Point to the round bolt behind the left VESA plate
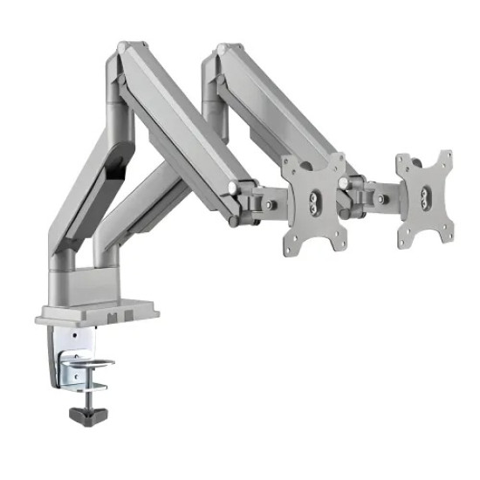click(271, 205)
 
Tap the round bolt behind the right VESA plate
click(381, 198)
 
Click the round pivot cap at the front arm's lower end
click(232, 188)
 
